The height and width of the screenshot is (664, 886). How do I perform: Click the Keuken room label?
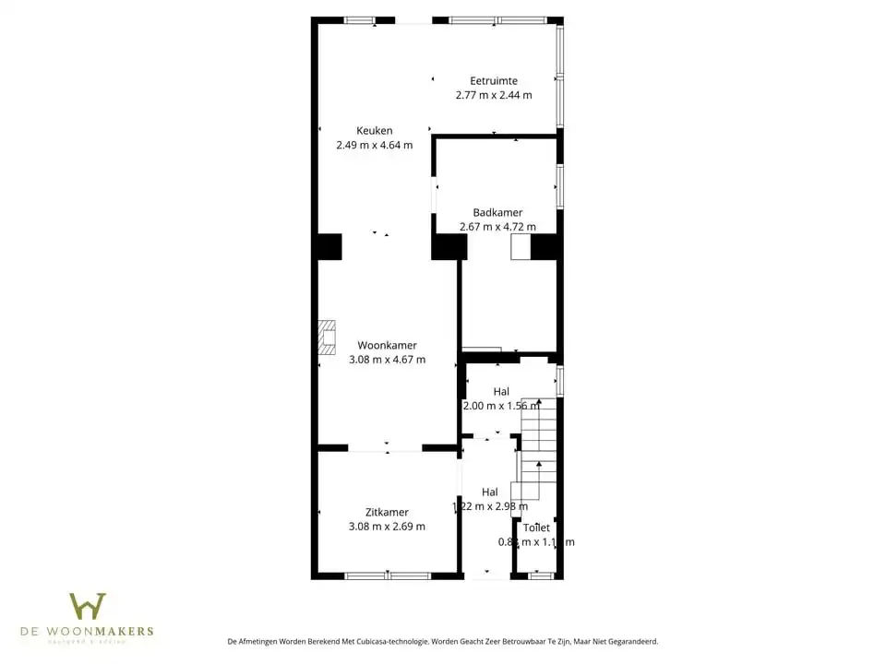pos(374,131)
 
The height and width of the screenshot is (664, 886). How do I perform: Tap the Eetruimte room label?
pos(493,80)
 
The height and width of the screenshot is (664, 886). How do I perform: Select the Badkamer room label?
pos(497,212)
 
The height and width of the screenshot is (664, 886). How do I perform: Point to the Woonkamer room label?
pos(387,345)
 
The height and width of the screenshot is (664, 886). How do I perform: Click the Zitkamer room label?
pos(387,512)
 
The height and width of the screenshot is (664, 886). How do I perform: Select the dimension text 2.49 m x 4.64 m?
pos(374,145)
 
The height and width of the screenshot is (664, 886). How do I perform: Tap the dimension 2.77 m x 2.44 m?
pos(493,94)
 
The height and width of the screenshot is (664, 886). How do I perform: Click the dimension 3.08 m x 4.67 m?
pos(387,360)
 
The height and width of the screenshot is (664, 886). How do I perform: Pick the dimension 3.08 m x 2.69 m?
pos(387,527)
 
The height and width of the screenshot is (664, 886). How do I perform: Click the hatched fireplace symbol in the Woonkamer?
pos(327,337)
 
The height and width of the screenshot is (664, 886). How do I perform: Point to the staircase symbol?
pos(537,443)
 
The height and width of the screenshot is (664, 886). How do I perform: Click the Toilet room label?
pos(536,528)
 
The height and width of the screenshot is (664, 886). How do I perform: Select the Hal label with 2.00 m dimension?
pos(501,391)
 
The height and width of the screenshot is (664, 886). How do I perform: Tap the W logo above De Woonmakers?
pos(88,606)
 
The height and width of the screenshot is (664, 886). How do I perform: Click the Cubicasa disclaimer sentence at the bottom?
pos(442,641)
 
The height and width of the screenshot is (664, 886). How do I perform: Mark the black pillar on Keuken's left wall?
pos(328,247)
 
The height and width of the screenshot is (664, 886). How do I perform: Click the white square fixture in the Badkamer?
pos(521,247)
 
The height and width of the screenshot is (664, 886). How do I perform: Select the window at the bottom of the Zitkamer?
pos(388,575)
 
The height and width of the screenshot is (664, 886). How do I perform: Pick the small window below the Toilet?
pos(541,575)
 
